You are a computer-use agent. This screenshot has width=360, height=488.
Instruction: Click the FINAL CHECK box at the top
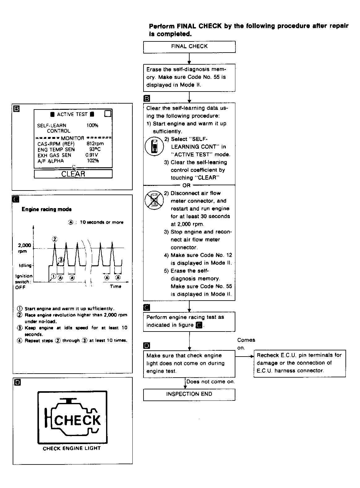[x=189, y=46]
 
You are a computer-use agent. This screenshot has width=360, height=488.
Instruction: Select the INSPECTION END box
[x=189, y=394]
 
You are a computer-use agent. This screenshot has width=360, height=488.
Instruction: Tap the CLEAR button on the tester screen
[x=73, y=174]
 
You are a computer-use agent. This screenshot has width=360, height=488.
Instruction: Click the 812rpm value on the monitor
[x=95, y=143]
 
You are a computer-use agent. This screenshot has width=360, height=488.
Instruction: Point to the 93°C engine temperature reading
[x=95, y=149]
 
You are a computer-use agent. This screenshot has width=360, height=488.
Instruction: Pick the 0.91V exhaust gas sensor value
[x=92, y=155]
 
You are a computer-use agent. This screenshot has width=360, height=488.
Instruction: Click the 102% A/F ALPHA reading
[x=93, y=161]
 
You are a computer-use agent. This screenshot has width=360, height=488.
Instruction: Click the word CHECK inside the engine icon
[x=77, y=421]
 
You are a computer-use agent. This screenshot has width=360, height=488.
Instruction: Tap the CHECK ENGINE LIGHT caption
[x=72, y=448]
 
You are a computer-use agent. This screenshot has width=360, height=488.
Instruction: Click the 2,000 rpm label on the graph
[x=24, y=248]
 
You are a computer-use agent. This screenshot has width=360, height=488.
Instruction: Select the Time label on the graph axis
[x=116, y=286]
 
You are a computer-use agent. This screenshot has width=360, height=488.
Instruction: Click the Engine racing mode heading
[x=47, y=209]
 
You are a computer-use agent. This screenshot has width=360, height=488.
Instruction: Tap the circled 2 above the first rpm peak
[x=55, y=239]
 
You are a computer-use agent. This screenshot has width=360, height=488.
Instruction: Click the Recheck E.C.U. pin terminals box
[x=299, y=363]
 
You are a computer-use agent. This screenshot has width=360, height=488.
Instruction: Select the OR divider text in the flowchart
[x=187, y=185]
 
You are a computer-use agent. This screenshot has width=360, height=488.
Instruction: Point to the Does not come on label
[x=211, y=382]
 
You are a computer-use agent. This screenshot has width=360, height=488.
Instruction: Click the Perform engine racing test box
[x=189, y=321]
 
